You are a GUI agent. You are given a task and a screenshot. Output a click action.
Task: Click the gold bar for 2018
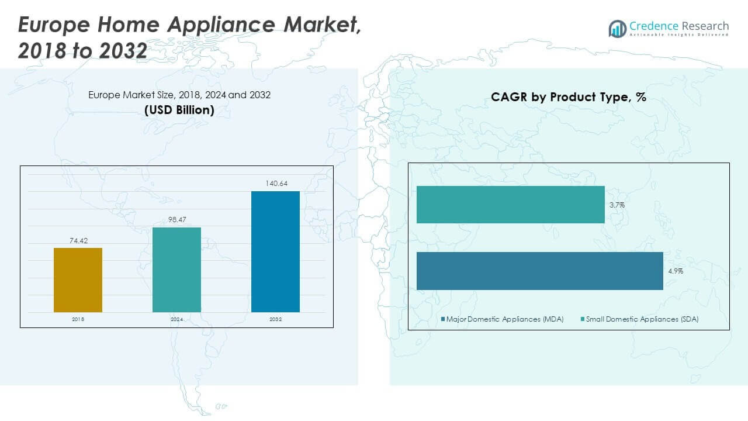[78, 280]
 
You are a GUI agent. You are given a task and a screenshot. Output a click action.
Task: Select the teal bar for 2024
[176, 270]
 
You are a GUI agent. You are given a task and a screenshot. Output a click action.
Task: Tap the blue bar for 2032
[275, 251]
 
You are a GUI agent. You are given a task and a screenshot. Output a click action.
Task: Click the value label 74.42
[78, 240]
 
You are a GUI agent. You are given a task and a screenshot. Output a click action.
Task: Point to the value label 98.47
[176, 219]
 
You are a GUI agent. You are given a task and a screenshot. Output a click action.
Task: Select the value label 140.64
[275, 184]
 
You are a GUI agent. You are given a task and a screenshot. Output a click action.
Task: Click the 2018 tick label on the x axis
[78, 320]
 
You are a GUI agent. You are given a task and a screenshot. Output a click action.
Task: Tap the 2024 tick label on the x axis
[176, 320]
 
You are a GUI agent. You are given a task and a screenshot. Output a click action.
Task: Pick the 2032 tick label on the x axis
[275, 320]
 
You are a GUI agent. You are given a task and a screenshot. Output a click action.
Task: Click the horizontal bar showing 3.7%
[510, 205]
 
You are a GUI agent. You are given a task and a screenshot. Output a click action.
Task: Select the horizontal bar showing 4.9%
[539, 271]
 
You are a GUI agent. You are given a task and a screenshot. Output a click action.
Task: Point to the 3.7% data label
[617, 205]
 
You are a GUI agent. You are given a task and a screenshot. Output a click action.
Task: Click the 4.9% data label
[675, 271]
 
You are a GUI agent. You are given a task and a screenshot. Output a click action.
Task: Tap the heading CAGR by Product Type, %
[568, 98]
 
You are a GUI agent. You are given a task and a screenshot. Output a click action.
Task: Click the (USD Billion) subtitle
[179, 109]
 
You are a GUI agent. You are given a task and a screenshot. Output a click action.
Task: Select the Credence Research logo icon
[617, 28]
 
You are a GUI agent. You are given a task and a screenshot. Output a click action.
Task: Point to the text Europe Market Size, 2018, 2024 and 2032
[179, 95]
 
